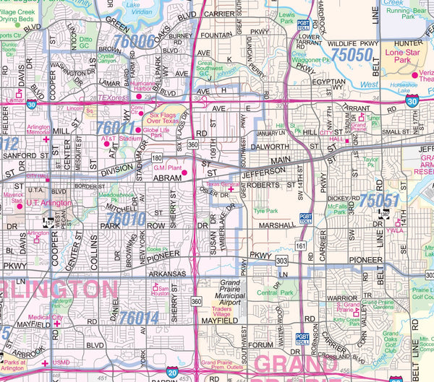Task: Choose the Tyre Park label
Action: click(265, 211)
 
